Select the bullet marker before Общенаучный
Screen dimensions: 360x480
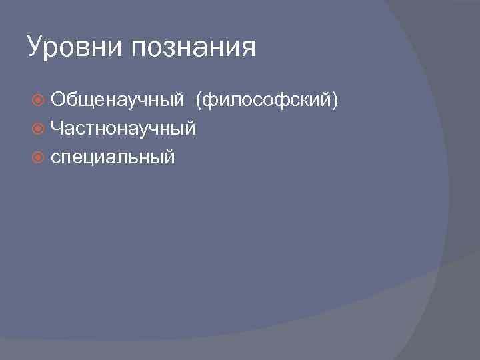point(39,100)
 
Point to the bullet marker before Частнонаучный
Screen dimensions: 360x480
point(39,129)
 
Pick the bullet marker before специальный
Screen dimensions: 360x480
point(39,157)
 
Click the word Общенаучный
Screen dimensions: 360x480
point(117,100)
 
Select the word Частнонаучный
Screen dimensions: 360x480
point(123,129)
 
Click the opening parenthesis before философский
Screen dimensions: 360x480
point(198,101)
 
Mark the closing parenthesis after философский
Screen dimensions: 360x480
point(337,101)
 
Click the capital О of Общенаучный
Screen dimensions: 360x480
point(58,100)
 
